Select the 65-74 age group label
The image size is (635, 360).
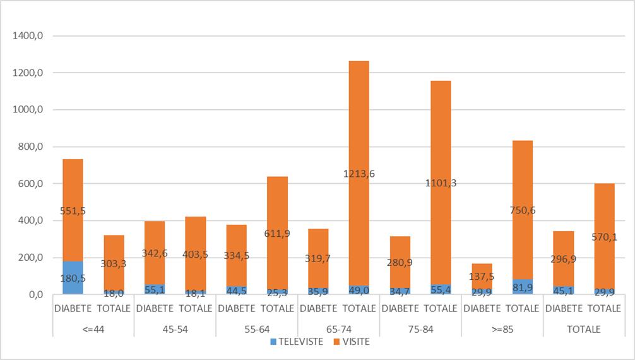[338, 329]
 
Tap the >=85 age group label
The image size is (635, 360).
[502, 329]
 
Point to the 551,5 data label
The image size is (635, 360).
[73, 211]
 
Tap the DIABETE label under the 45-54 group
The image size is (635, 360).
[155, 309]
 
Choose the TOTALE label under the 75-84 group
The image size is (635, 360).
[441, 309]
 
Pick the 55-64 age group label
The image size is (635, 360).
[257, 329]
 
